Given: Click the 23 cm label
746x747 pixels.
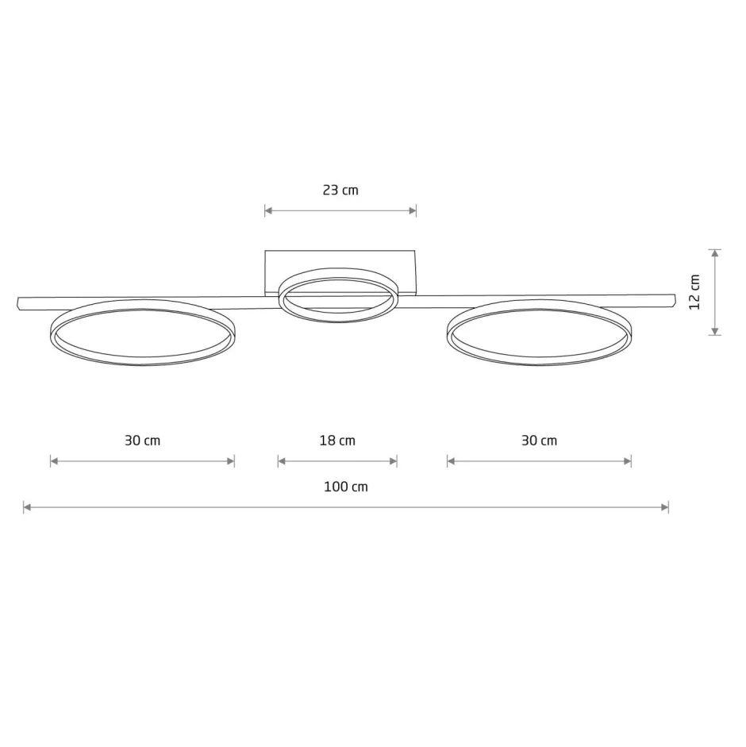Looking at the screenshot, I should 340,191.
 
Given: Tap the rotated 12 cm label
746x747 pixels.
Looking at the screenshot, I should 695,292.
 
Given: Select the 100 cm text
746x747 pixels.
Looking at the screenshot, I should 346,487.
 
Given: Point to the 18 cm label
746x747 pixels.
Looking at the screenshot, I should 337,441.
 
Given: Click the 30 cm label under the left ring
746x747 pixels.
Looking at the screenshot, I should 142,441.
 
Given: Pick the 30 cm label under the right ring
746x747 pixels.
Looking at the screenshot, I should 539,441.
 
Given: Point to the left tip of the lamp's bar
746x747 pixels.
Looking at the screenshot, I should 20,303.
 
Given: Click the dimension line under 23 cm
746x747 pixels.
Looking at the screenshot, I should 340,211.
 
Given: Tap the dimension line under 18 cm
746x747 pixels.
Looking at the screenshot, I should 337,461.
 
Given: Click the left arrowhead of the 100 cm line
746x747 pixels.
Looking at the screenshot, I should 27,506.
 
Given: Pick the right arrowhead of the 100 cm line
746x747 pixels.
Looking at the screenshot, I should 665,506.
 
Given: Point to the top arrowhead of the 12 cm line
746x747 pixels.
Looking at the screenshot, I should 715,253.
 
